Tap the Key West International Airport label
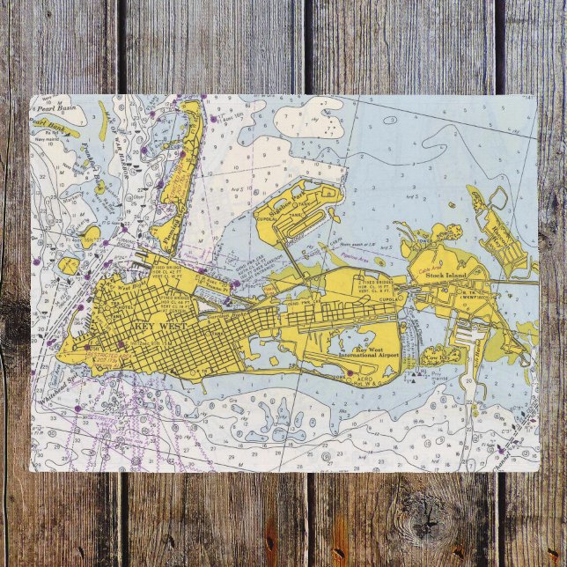[367, 353]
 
